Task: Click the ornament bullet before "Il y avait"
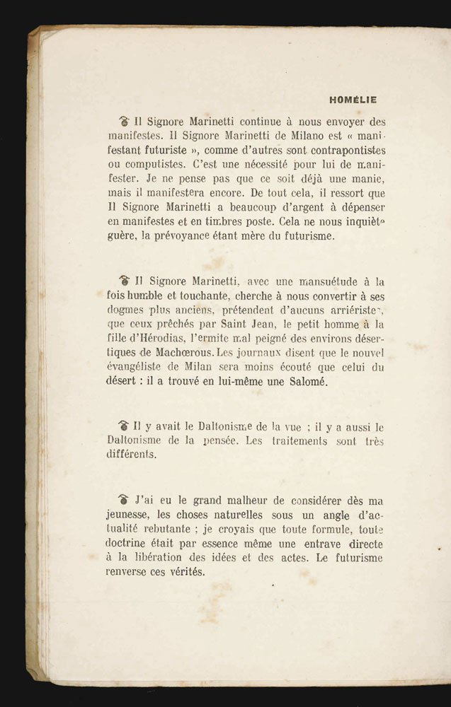124,426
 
